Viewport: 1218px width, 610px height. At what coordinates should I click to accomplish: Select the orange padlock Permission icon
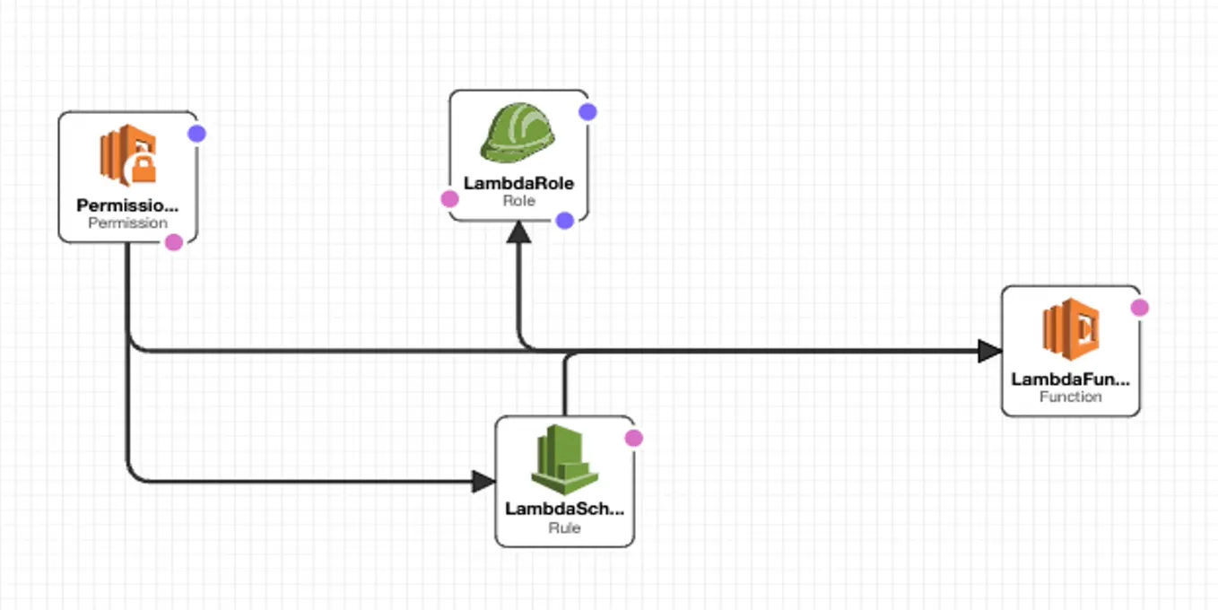[x=128, y=154]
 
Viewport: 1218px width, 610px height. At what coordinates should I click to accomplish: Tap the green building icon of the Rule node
[x=564, y=459]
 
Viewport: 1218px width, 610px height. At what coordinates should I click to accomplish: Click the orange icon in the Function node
[x=1071, y=329]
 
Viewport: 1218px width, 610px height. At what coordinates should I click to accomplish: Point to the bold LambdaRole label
[x=518, y=183]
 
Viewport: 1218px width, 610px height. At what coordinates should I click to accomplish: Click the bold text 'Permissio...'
[x=127, y=205]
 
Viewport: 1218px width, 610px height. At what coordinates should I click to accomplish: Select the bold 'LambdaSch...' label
[x=564, y=509]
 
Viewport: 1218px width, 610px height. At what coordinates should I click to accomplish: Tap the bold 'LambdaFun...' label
[x=1070, y=379]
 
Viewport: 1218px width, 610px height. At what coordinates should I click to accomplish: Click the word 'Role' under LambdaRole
[x=518, y=201]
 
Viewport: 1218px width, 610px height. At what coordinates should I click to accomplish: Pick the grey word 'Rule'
[x=564, y=527]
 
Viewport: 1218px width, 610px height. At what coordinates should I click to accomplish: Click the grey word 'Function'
[x=1070, y=396]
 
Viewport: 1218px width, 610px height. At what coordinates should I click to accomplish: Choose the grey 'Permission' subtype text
[x=127, y=222]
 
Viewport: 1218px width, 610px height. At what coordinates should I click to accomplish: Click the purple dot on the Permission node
[x=197, y=134]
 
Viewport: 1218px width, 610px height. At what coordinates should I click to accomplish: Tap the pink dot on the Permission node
[x=174, y=242]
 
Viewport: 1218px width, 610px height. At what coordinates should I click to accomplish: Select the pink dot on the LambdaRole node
[x=449, y=199]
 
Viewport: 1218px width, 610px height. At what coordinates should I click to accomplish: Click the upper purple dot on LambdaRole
[x=587, y=112]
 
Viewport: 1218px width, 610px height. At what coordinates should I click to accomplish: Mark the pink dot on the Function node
[x=1139, y=308]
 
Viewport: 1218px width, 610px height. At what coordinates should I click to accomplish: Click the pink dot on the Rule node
[x=633, y=438]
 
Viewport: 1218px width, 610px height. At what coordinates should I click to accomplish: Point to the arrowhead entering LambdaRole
[x=519, y=232]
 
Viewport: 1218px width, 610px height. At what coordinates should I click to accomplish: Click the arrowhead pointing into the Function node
[x=989, y=351]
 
